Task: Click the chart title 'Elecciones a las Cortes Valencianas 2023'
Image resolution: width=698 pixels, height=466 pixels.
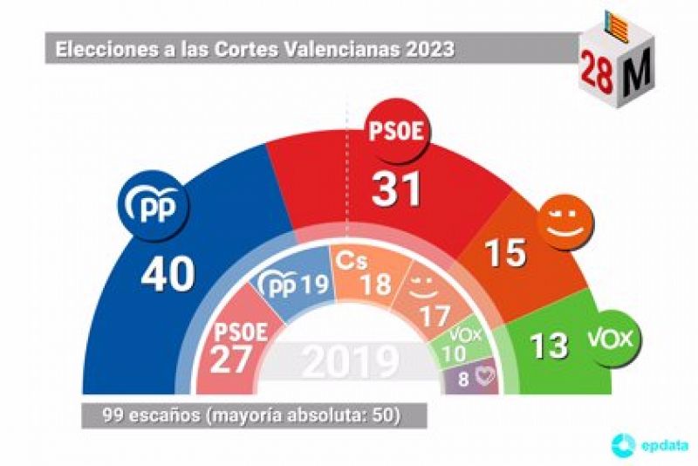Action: click(255, 49)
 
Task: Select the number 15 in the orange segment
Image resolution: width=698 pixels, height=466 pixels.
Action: click(505, 252)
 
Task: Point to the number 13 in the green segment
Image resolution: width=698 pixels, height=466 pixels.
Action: click(549, 345)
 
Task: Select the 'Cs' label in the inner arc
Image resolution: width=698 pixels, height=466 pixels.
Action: click(352, 260)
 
